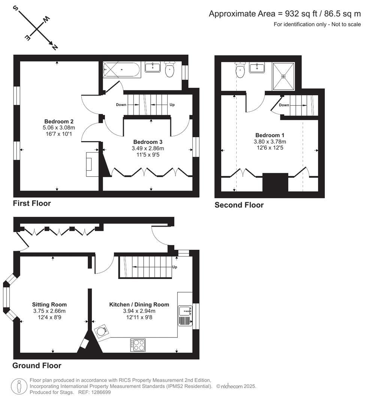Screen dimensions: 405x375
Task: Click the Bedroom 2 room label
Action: [58, 121]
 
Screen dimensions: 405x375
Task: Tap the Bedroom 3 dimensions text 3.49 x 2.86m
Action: [148, 148]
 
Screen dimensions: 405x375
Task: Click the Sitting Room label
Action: [49, 304]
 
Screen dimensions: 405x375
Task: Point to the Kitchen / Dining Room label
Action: [139, 304]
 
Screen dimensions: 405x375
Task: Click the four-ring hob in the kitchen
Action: [138, 345]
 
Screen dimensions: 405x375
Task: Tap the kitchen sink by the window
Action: [186, 311]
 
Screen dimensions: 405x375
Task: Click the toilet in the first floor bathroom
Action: [170, 69]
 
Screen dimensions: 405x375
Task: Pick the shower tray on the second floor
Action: [284, 76]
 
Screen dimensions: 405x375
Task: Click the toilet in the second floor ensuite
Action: [240, 70]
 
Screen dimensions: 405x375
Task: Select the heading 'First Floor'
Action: [32, 204]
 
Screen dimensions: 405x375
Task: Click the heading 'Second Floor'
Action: [239, 205]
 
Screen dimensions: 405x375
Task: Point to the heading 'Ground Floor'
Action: [37, 366]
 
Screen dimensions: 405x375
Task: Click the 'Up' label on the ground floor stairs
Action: [174, 267]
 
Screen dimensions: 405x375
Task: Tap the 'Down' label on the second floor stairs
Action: [284, 105]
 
